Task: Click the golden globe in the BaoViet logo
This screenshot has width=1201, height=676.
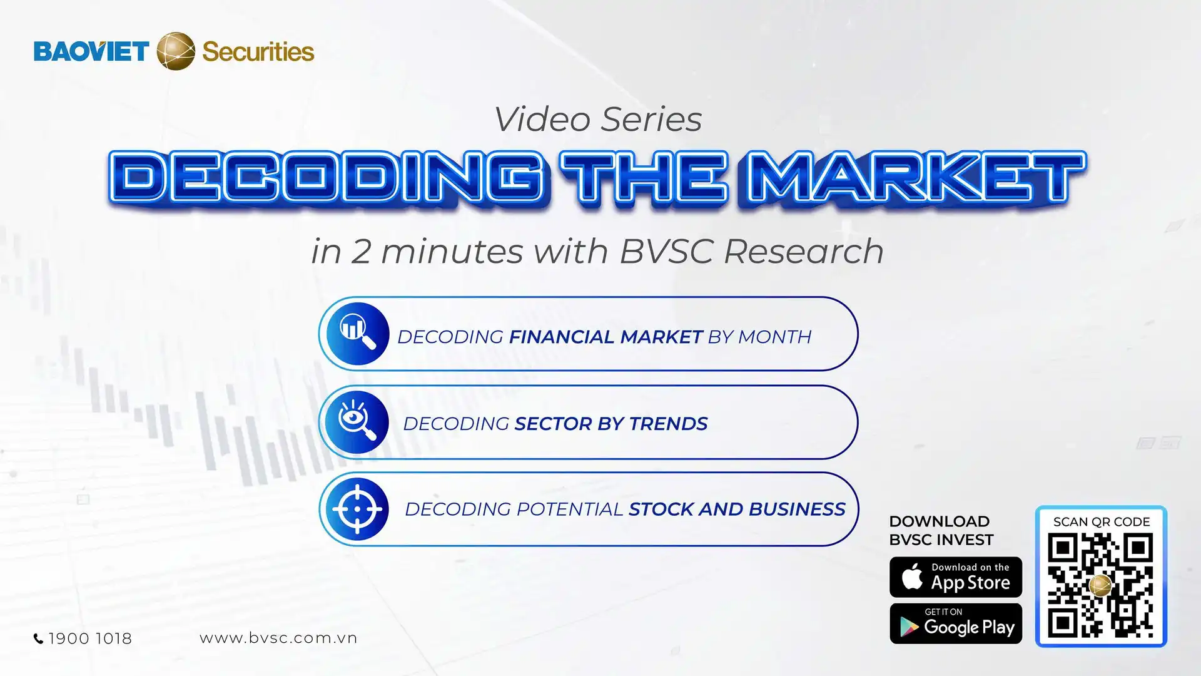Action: pos(176,51)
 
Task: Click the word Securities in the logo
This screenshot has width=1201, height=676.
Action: pos(258,52)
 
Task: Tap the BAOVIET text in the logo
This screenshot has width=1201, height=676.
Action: pos(91,51)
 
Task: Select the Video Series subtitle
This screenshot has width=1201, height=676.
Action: pos(598,120)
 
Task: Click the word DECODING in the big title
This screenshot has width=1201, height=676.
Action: pos(325,178)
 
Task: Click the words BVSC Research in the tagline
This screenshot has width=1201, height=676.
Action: pos(751,251)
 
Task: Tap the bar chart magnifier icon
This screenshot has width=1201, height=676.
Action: pos(357,334)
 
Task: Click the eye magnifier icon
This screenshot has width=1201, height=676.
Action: pos(357,422)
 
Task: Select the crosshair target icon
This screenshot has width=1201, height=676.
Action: pos(357,509)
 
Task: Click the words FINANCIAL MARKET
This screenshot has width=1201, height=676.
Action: pos(606,337)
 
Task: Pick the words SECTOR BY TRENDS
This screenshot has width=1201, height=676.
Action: pos(611,424)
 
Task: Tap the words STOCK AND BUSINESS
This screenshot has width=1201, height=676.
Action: pos(737,510)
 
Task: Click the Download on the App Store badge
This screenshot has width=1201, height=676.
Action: pos(956,577)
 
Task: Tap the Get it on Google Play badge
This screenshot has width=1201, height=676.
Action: pos(956,623)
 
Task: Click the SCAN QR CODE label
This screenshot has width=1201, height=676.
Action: pos(1102,522)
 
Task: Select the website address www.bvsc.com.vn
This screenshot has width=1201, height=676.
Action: pos(278,638)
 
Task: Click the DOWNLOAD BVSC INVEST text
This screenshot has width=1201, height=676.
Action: pos(941,531)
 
